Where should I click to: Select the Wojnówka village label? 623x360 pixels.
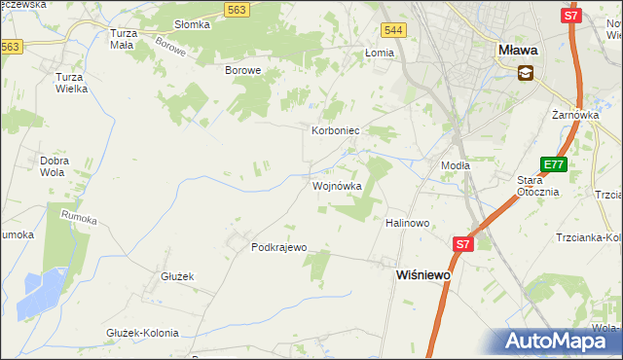337,186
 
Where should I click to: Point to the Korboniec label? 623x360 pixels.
337,129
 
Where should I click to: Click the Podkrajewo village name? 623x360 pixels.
279,247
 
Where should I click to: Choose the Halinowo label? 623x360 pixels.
408,223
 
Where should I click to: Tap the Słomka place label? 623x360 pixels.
192,24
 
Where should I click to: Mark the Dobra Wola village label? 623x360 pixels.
59,166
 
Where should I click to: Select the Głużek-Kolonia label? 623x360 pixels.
142,333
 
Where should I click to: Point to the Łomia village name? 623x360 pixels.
378,54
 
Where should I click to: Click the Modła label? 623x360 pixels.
455,165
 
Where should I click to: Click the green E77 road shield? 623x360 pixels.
554,165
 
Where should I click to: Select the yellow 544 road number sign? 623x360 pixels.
393,32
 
